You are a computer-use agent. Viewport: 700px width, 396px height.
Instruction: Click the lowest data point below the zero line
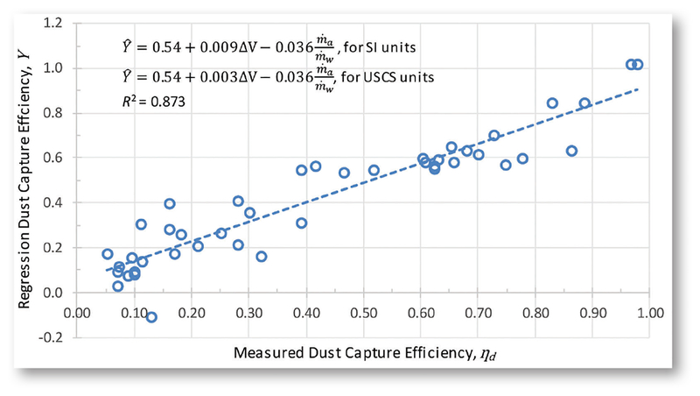[151, 317]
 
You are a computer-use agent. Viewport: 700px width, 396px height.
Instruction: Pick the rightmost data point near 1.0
[638, 64]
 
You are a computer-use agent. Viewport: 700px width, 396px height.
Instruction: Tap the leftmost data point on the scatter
[108, 254]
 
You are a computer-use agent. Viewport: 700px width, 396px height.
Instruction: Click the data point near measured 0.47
[344, 173]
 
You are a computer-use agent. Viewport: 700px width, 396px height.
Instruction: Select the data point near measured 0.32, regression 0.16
[261, 257]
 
